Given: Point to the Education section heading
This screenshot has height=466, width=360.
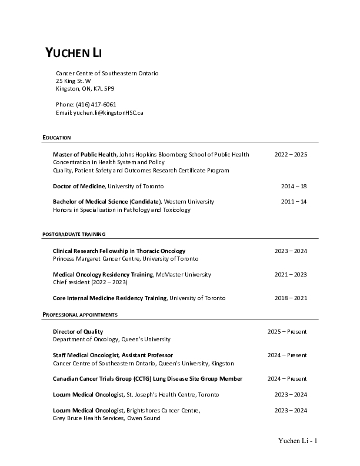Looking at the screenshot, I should coord(56,138).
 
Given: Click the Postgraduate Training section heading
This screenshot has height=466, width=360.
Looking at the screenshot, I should coord(74,234).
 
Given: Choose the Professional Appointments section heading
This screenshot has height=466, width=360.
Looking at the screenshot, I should coord(80,315).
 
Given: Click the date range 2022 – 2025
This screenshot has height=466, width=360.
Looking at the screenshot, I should coord(291,154).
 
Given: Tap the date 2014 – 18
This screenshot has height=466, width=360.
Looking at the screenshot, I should coord(294,186).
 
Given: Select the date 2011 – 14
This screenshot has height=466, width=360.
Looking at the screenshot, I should coord(294,201).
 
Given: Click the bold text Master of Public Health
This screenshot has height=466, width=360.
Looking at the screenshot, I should coord(85,154).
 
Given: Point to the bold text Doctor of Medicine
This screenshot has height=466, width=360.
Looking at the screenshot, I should coord(79,186).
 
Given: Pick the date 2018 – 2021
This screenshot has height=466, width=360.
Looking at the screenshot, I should coord(291,298).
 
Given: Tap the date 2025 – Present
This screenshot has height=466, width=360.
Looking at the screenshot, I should coord(287,331).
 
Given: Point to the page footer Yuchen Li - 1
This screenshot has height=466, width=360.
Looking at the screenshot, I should coord(298,441).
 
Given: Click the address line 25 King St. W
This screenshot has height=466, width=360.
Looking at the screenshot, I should coord(74,81).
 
